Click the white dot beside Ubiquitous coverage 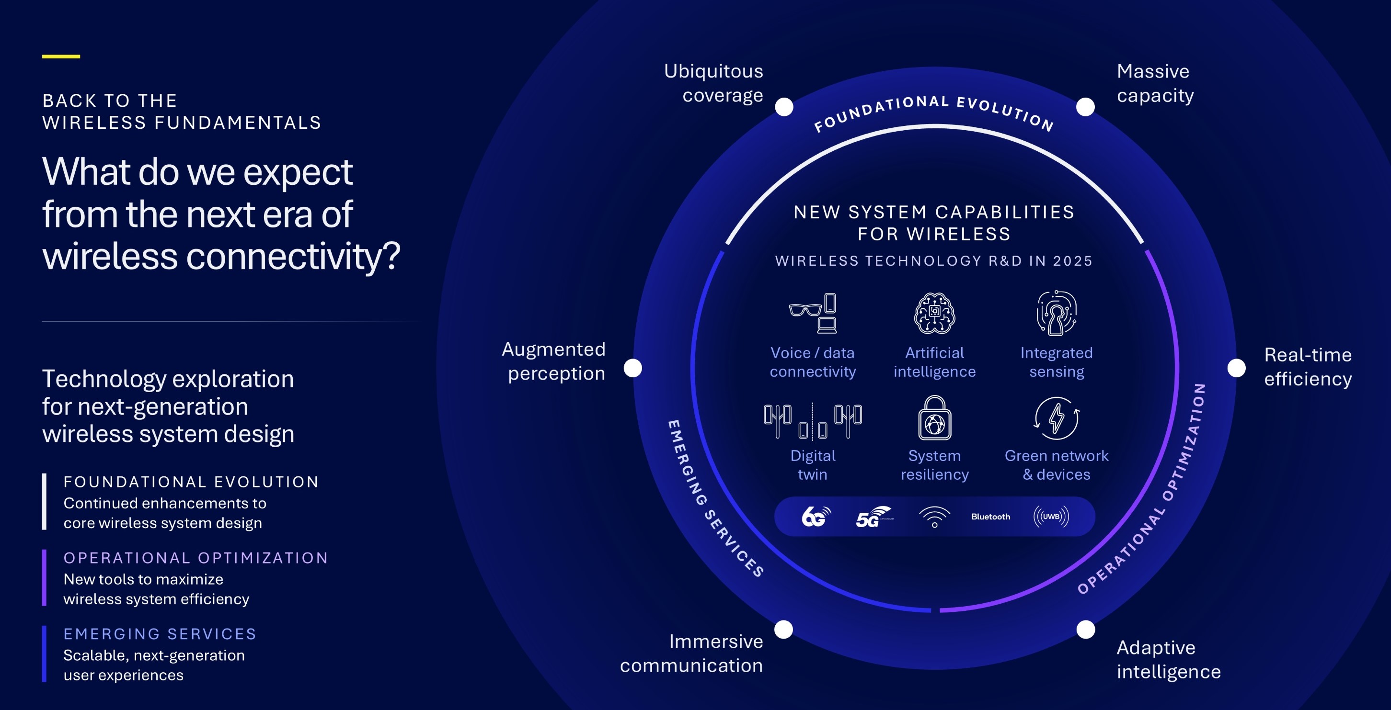tap(784, 107)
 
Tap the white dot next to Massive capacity tap(1085, 107)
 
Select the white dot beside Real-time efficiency tap(1237, 368)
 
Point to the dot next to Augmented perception tap(633, 368)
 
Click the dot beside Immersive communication tap(783, 629)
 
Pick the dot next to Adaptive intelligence tap(1086, 629)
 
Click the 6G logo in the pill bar tap(816, 516)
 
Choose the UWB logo tap(1051, 516)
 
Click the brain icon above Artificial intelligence tap(935, 314)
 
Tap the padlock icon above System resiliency tap(935, 417)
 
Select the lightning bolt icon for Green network tap(1057, 418)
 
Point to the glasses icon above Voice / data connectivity tap(805, 310)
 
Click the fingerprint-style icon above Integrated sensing tap(1057, 314)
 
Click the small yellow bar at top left tap(61, 56)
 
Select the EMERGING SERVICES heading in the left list tap(160, 634)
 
